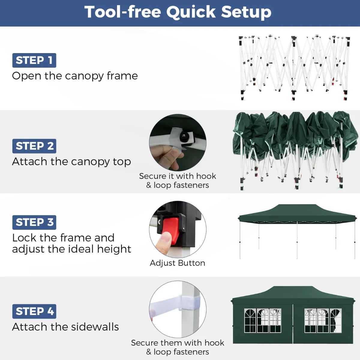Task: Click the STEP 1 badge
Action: pos(34,60)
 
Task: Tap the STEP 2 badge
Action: pos(34,146)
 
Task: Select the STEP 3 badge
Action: pos(34,222)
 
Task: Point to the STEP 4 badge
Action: pos(34,311)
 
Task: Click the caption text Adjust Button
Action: pos(178,263)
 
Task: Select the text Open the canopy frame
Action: pos(75,76)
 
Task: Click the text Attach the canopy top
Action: pos(72,162)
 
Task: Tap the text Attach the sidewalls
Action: pos(66,327)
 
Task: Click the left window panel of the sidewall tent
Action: pos(263,321)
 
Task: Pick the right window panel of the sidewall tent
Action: pos(323,321)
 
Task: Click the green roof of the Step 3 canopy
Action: pos(297,214)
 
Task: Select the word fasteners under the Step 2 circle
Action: pos(191,185)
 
